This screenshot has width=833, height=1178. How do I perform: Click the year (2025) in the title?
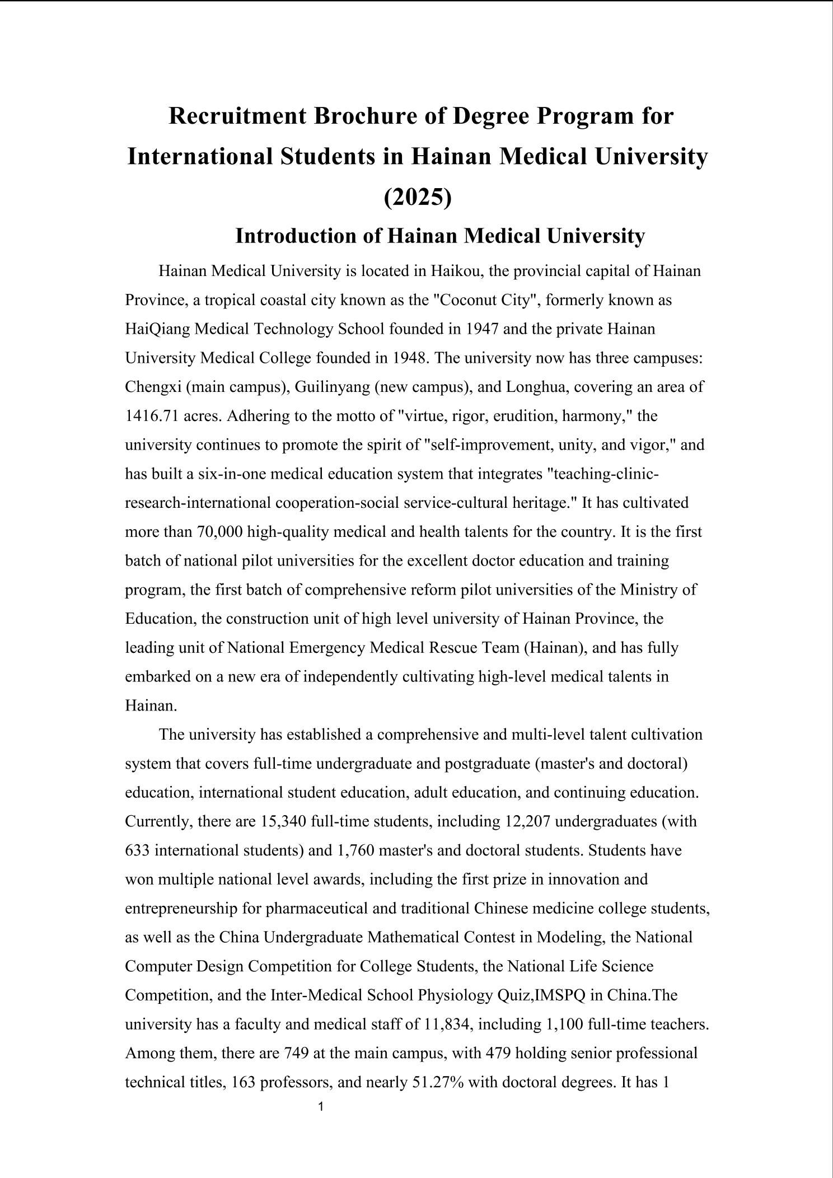click(418, 197)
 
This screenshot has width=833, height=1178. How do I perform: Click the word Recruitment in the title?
click(237, 116)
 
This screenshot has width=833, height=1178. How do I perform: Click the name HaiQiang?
click(157, 329)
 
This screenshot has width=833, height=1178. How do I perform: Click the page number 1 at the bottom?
click(321, 1107)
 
